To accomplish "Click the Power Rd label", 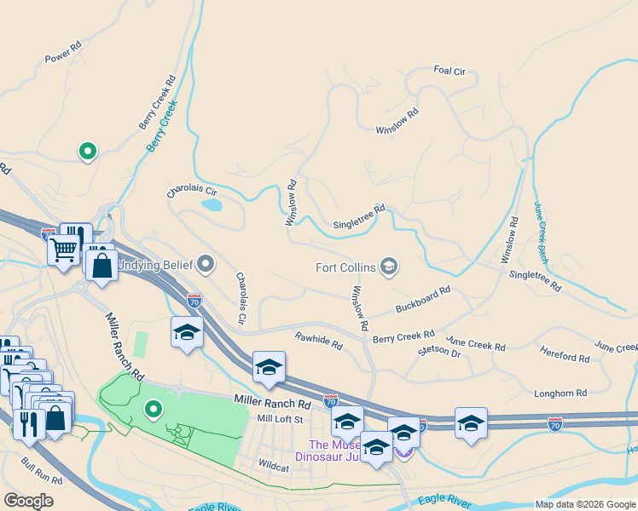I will [x=62, y=52].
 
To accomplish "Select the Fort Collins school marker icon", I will [x=389, y=267].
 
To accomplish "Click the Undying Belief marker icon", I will [x=206, y=262].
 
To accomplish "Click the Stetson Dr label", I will [x=439, y=351].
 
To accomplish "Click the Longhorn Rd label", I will [x=560, y=393].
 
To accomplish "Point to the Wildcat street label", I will [x=274, y=465].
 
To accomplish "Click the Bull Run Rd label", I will [x=42, y=474].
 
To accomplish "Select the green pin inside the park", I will [x=154, y=410].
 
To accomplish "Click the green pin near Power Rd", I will [x=86, y=152].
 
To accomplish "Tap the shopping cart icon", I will [x=63, y=250].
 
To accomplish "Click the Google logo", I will [x=28, y=501].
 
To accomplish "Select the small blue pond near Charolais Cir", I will [x=211, y=204].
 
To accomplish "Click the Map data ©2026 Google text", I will [x=584, y=504].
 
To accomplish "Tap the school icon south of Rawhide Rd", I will [x=269, y=365].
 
